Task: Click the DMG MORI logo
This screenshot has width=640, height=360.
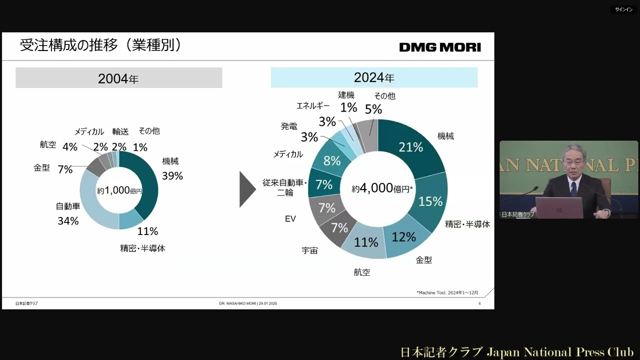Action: pyautogui.click(x=440, y=47)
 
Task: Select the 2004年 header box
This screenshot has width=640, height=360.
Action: pyautogui.click(x=118, y=78)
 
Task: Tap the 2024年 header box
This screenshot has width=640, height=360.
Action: pyautogui.click(x=374, y=77)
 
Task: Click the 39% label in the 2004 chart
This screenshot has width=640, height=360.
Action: pyautogui.click(x=172, y=176)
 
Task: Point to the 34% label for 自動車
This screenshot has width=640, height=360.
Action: pyautogui.click(x=68, y=221)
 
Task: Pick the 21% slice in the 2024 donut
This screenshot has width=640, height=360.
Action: pyautogui.click(x=410, y=147)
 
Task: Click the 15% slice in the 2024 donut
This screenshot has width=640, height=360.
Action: pyautogui.click(x=430, y=201)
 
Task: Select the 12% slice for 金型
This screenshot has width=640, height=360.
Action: pyautogui.click(x=403, y=236)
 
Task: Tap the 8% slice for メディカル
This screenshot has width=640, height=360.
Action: pyautogui.click(x=332, y=161)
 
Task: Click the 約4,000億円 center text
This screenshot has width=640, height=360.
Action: pyautogui.click(x=382, y=188)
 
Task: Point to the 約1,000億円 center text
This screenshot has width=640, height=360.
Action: pyautogui.click(x=119, y=191)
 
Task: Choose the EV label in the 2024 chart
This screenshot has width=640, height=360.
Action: pyautogui.click(x=290, y=219)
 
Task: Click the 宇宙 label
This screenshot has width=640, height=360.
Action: pyautogui.click(x=309, y=250)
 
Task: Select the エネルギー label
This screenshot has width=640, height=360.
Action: pyautogui.click(x=313, y=106)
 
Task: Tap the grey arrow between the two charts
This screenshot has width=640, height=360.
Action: pyautogui.click(x=247, y=189)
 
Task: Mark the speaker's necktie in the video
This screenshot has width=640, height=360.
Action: pyautogui.click(x=573, y=188)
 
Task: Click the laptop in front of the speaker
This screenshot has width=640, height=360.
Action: pyautogui.click(x=558, y=207)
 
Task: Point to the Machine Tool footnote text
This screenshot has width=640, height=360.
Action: pyautogui.click(x=447, y=292)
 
